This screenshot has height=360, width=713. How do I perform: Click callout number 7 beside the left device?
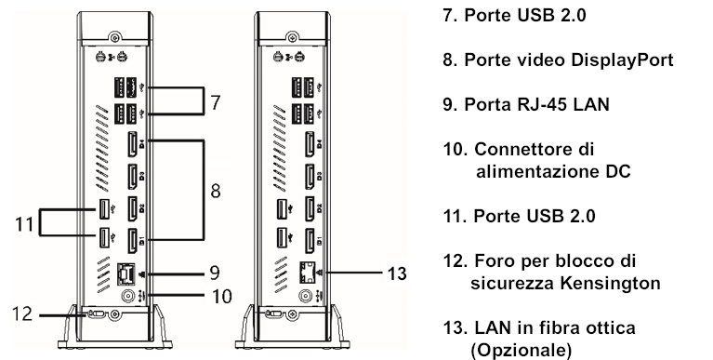point(215,101)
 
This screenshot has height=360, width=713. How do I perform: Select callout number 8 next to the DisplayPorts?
point(214,192)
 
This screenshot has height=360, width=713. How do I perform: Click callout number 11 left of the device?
point(24,224)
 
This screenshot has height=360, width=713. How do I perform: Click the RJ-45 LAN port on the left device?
point(126,273)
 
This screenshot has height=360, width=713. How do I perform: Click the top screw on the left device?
point(112,40)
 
